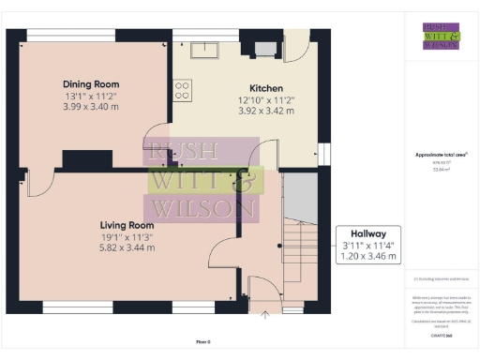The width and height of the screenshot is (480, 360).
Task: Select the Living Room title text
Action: point(127,225)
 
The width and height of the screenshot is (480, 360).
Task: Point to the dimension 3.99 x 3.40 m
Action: point(90,107)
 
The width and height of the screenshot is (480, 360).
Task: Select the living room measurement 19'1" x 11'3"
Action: point(127,236)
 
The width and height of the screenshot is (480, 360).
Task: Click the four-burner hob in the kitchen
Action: point(182,90)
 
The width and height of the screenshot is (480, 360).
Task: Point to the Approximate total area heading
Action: point(441,155)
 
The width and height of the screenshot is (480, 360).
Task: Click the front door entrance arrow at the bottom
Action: point(265,316)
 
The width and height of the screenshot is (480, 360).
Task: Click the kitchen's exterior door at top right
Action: point(298,47)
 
